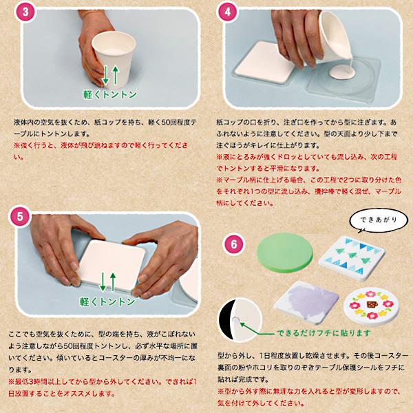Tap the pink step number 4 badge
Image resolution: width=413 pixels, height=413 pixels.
226,13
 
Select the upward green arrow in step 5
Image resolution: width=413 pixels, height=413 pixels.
112,280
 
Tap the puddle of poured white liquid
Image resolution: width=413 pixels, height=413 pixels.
343,71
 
